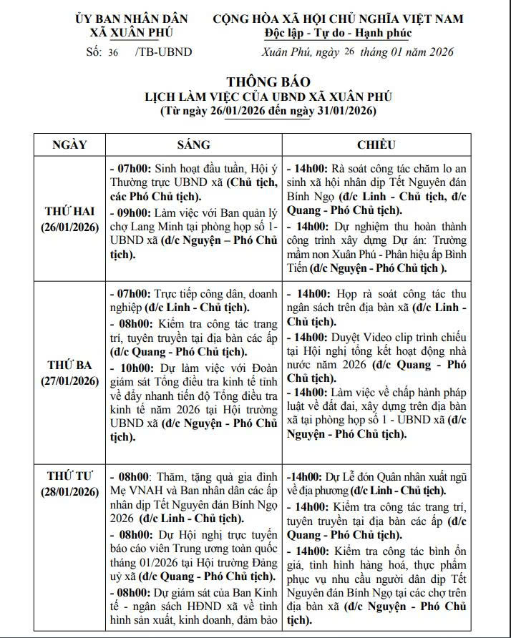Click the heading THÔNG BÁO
coord(268,82)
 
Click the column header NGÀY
coord(70,144)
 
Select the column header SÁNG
coord(194,144)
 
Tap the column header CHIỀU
coord(376,144)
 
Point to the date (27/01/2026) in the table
coord(70,381)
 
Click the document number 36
coord(113,51)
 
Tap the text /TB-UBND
coord(154,51)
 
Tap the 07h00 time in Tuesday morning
coord(132,294)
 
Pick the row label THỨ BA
coord(70,365)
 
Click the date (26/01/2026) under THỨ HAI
coord(70,227)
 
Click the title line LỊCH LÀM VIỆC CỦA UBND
coord(268,96)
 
